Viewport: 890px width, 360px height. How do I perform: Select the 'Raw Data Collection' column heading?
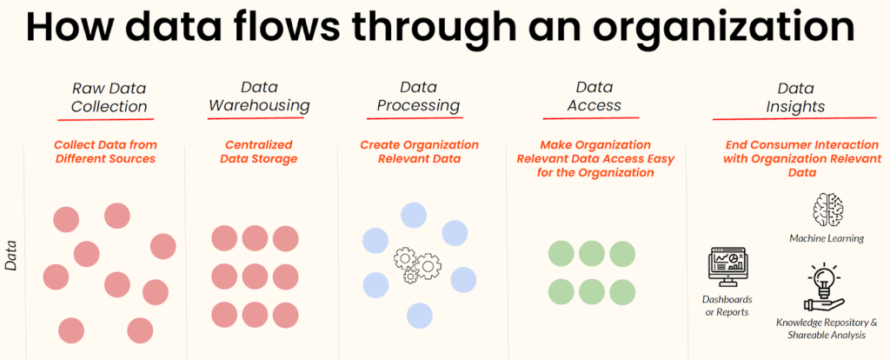point(109,97)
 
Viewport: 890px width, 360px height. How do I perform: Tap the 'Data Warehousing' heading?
point(259,96)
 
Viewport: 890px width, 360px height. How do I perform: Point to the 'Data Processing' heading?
point(418,96)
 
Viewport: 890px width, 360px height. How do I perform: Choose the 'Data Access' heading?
point(594,96)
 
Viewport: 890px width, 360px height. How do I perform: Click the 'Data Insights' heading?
point(795,97)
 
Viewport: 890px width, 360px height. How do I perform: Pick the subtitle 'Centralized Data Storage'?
point(259,151)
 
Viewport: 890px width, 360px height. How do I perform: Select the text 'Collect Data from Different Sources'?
point(105,151)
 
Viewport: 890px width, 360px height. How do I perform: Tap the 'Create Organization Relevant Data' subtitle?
point(420,151)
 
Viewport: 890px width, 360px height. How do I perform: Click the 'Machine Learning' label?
point(827,238)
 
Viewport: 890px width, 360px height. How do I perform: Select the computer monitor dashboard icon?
point(727,267)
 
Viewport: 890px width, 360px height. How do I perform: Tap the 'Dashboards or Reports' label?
point(727,305)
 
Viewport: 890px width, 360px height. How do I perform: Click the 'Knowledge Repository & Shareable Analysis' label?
point(826,329)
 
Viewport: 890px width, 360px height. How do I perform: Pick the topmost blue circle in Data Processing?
point(414,215)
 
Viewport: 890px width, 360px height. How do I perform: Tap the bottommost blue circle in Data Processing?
point(420,316)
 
